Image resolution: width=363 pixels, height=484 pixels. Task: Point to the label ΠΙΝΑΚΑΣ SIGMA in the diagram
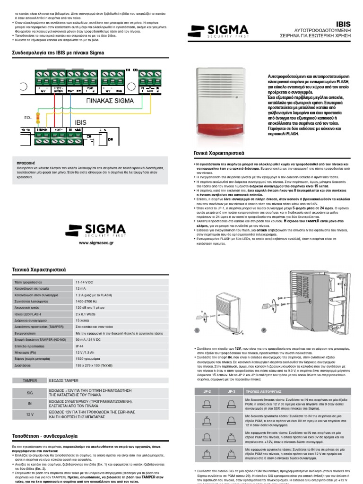click(110, 101)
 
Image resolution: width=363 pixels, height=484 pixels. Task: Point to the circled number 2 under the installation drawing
click(264, 329)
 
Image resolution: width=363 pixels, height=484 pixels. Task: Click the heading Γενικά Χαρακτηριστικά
click(217, 153)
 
